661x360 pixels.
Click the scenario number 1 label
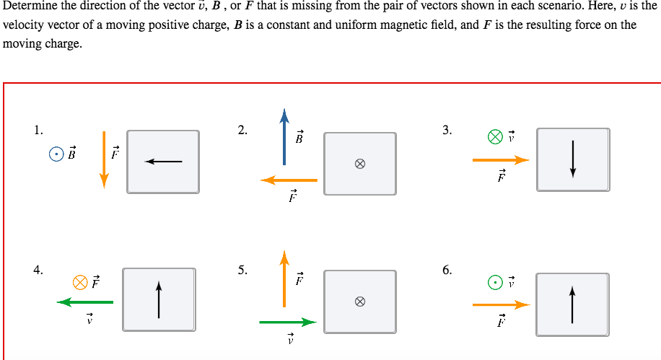[x=38, y=131]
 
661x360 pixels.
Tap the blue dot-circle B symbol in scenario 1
[x=55, y=154]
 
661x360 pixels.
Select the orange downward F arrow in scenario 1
[x=104, y=159]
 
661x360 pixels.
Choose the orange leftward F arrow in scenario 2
[x=289, y=180]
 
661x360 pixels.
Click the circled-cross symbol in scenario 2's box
[x=359, y=164]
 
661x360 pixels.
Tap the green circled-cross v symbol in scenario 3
[x=494, y=136]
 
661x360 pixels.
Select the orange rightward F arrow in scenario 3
[x=501, y=160]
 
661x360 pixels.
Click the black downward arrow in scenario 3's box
[x=573, y=159]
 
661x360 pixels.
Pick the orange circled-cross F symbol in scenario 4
[x=81, y=281]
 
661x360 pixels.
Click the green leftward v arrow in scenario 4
[x=85, y=302]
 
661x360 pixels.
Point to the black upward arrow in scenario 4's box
[x=159, y=299]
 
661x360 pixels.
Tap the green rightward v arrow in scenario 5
[x=288, y=322]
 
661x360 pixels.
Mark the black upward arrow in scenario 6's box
[x=573, y=304]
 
